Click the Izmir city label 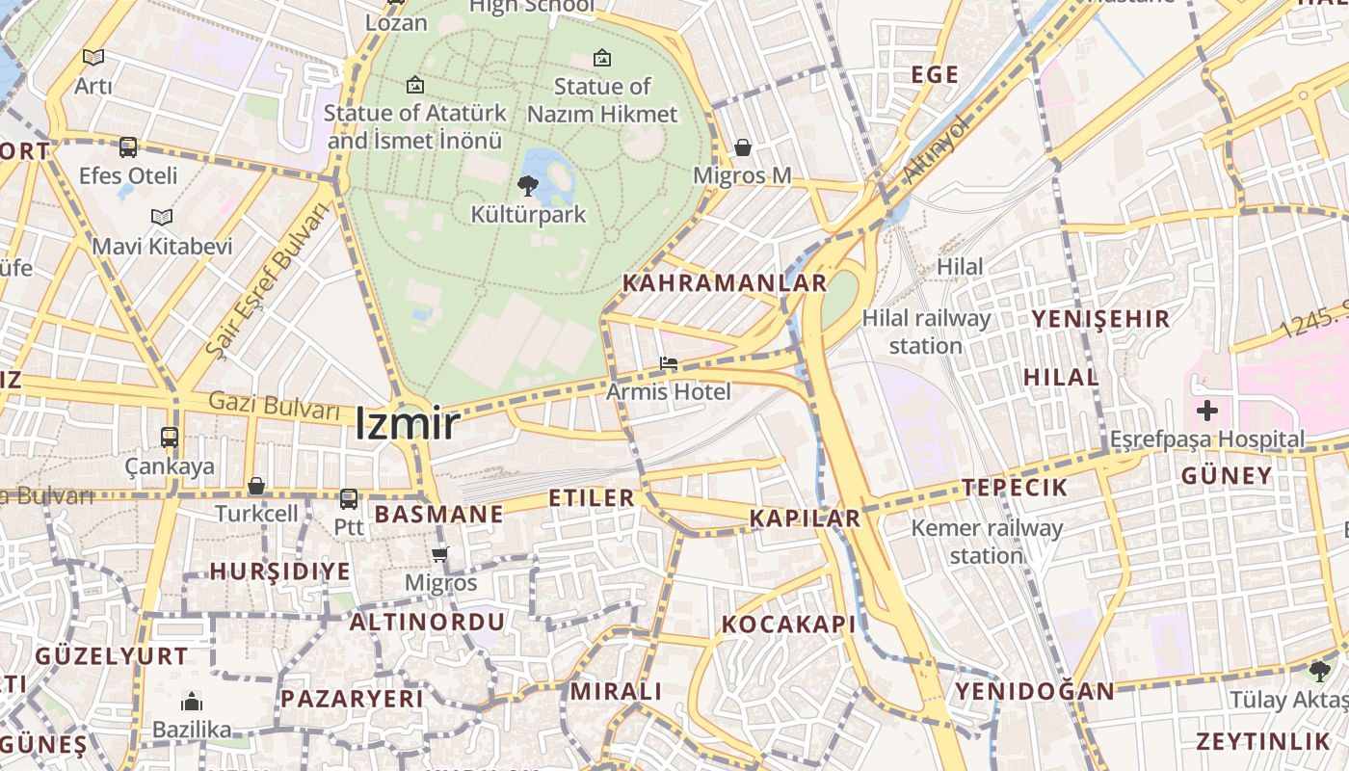[x=407, y=424]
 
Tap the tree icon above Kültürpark [x=527, y=186]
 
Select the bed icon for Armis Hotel [x=668, y=363]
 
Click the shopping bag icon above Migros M [x=743, y=147]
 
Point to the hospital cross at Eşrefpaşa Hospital [x=1206, y=412]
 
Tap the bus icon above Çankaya [x=170, y=437]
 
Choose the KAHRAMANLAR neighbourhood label [x=725, y=283]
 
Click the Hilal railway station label [x=926, y=332]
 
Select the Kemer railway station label [x=987, y=542]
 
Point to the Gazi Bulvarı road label [x=276, y=405]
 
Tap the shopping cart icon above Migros [x=440, y=554]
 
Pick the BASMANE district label [x=439, y=515]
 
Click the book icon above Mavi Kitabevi [x=162, y=218]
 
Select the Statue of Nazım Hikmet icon [x=602, y=58]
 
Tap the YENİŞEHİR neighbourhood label [x=1100, y=319]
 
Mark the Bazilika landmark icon [x=192, y=701]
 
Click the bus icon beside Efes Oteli [x=128, y=147]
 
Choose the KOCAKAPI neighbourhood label [x=789, y=625]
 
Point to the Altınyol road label [x=935, y=150]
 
